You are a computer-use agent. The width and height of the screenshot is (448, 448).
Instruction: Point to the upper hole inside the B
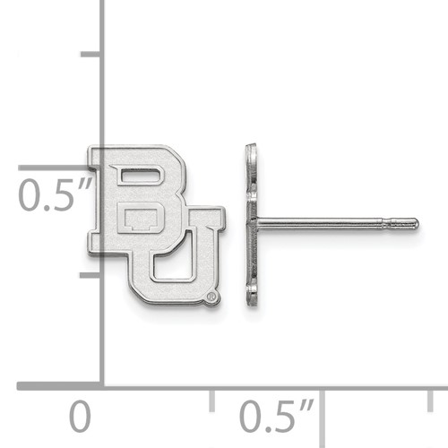135,178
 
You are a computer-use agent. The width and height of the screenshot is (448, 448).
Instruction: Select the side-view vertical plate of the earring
252,224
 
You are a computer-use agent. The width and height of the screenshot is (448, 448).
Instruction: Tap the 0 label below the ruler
81,418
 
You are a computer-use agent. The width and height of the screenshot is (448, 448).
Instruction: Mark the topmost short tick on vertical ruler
91,54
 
